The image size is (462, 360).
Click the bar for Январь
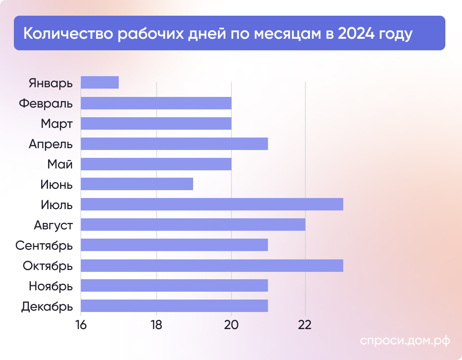coord(100,82)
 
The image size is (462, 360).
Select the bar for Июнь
coord(137,184)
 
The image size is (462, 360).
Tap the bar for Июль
coord(212,204)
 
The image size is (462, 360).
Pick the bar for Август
coord(193,225)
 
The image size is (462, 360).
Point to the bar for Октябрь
coord(212,265)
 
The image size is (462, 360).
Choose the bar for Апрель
coord(174,144)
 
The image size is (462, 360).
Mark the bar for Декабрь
coord(174,306)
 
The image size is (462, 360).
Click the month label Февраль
coord(46,103)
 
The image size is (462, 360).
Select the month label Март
coord(56,124)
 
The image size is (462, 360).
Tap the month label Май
coord(60,164)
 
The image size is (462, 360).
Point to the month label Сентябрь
coord(44,245)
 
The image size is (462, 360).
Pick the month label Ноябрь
coord(51,286)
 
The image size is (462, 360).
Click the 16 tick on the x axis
coord(81,324)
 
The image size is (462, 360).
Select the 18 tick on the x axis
coord(156,324)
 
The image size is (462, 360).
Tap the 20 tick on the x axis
coord(231,324)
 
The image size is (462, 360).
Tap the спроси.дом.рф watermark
coord(405,341)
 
